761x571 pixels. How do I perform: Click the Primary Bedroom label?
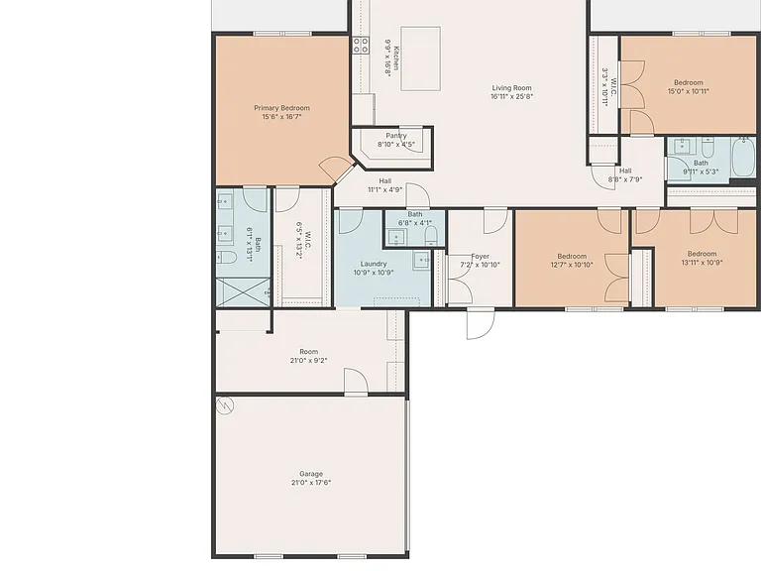tap(281, 108)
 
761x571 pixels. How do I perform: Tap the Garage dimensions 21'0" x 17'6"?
tap(311, 483)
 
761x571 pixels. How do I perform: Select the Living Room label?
tap(511, 88)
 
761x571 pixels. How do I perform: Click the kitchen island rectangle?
tap(421, 58)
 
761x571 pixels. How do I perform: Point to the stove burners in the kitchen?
tap(360, 46)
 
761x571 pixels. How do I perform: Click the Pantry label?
tap(396, 136)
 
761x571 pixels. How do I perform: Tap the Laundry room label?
tap(374, 264)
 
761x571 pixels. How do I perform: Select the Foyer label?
tap(480, 257)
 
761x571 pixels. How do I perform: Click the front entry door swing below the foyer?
tap(481, 324)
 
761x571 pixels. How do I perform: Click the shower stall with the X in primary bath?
tap(243, 292)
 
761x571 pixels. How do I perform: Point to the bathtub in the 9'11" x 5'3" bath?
tap(744, 157)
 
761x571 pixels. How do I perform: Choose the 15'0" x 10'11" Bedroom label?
tap(689, 82)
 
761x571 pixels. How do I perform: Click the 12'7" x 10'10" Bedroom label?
tap(572, 257)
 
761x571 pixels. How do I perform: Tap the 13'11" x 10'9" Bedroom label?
tap(702, 254)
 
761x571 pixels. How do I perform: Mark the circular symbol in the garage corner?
tap(225, 405)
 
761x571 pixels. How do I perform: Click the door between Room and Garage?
tap(356, 382)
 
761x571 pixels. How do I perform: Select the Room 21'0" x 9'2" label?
tap(309, 356)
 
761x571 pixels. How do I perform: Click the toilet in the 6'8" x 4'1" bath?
tap(431, 237)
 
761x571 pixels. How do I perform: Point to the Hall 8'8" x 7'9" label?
tap(625, 174)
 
